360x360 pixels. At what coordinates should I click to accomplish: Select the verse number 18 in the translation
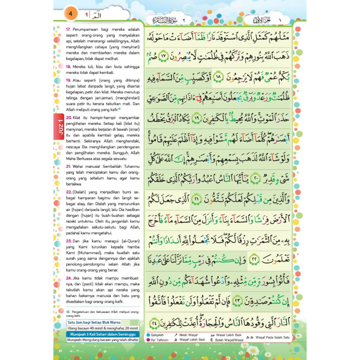point(69,66)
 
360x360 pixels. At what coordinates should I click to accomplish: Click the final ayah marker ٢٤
point(154,322)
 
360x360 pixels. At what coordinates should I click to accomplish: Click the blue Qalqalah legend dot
point(149,335)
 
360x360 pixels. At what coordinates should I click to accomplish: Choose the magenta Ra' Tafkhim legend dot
point(149,340)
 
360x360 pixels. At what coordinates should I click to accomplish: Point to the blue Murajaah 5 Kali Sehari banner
point(103,334)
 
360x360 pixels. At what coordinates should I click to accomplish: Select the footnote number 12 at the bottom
point(68,312)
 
